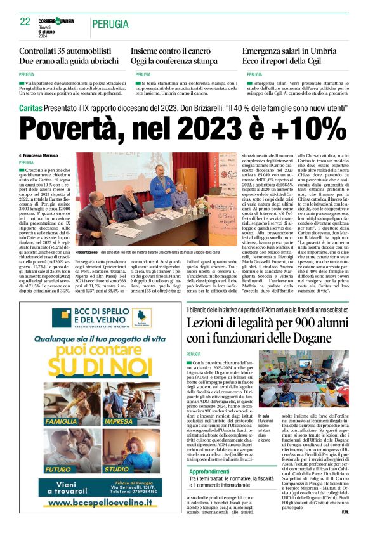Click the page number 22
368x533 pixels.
click(25, 22)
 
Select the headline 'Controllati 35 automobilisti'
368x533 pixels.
click(63, 50)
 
